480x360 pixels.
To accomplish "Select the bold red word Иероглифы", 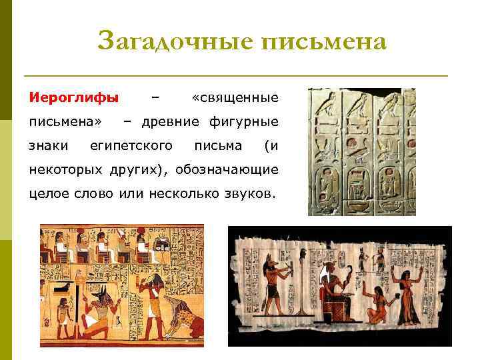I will pyautogui.click(x=73, y=98).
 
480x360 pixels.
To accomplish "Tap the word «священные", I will pyautogui.click(x=234, y=98).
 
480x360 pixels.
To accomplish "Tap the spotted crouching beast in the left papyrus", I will pyautogui.click(x=183, y=320).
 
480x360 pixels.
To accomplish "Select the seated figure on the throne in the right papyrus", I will pyautogui.click(x=333, y=293).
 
